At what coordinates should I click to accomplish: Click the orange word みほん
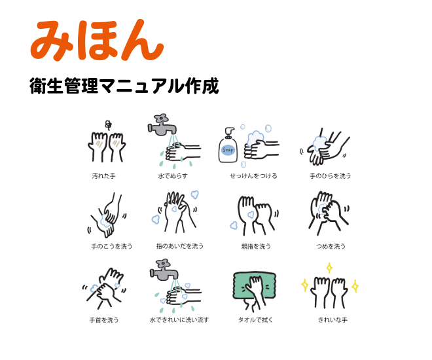pos(96,41)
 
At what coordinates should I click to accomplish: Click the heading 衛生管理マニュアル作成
pos(124,86)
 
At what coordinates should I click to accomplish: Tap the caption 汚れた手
pos(103,176)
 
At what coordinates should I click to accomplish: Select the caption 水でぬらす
pos(173,176)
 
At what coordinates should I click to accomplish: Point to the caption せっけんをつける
pos(253,176)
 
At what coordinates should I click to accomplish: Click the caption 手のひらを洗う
pos(331,176)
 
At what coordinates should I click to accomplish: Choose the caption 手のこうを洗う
pos(112,247)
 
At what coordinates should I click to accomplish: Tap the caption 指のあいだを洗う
pos(180,246)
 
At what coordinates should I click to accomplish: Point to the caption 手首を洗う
pos(104,320)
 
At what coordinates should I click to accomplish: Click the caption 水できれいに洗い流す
pos(179,320)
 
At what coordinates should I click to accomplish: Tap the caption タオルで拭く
pos(255,320)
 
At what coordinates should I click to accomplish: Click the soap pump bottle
pos(228,145)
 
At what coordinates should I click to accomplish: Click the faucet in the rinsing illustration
pos(162,269)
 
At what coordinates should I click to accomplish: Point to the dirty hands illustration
pos(107,145)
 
